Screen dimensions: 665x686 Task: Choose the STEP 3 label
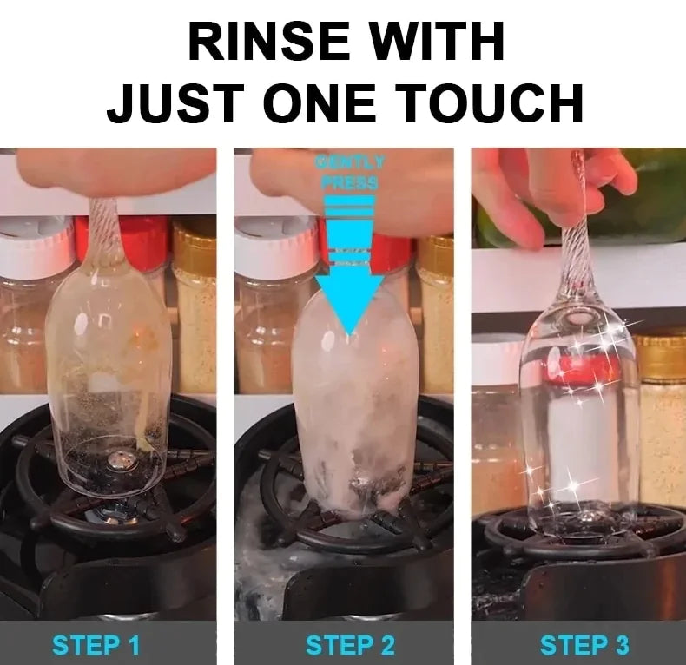pos(584,645)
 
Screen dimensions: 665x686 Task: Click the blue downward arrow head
pos(348,304)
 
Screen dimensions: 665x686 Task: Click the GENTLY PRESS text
pos(350,172)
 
